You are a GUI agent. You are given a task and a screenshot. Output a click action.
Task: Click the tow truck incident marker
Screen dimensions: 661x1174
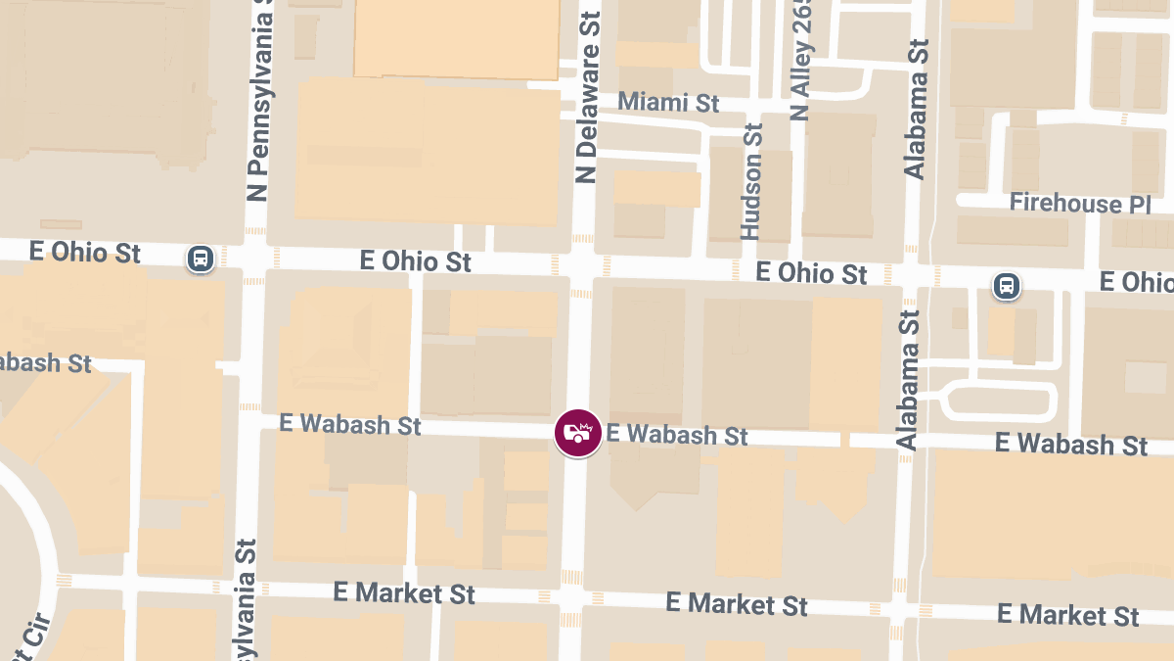pos(578,433)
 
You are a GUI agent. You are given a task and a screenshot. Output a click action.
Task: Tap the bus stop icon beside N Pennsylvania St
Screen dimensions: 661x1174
pos(201,259)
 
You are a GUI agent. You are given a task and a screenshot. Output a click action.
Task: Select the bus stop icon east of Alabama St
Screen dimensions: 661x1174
pos(1006,286)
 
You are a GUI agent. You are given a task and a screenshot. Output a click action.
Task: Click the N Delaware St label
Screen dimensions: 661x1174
pos(587,97)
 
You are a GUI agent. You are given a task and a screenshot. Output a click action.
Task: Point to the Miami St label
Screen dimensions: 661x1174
pos(669,102)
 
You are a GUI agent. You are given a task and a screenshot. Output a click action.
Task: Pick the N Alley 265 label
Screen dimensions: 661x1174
pos(801,61)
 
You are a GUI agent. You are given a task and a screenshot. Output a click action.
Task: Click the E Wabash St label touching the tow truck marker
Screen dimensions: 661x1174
pos(677,434)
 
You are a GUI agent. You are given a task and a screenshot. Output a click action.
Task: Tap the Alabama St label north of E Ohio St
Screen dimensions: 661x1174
pos(916,110)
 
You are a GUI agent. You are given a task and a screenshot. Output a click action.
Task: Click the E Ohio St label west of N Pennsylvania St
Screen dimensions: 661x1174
pos(85,253)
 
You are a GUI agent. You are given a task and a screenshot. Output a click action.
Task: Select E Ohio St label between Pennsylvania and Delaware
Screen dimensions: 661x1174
pos(416,261)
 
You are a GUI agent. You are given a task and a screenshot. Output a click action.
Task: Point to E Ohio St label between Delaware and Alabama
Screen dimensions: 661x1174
pos(812,273)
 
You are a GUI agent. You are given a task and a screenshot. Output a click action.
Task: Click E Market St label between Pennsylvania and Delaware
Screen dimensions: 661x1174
pos(404,592)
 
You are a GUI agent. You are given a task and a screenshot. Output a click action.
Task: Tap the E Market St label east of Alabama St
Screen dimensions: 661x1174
pos(1068,615)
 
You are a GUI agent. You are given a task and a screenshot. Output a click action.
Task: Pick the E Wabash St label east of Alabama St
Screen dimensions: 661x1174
pos(1071,444)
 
